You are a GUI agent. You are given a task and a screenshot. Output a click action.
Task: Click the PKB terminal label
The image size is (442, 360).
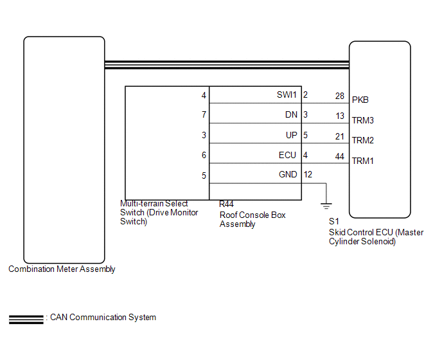pos(360,100)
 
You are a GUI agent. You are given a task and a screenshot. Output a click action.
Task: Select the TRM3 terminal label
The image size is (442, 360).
pos(363,120)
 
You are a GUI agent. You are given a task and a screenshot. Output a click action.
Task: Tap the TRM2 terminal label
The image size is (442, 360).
pos(363,140)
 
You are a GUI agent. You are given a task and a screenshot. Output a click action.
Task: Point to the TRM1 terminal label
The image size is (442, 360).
pos(363,161)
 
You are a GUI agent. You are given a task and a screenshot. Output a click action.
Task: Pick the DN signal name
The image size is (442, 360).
pos(291,115)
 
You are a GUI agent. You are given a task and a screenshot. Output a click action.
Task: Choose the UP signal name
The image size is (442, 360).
pos(292,135)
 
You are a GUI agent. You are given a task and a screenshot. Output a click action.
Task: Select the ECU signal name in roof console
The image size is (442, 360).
pos(288,155)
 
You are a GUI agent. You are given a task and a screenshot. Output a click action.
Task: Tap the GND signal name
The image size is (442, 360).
pos(288,175)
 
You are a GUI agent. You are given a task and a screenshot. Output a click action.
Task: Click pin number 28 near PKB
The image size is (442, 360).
pos(340,95)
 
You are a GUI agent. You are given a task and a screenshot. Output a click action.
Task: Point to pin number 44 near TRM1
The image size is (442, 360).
pos(340,156)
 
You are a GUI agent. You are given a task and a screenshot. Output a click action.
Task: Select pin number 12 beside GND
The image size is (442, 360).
pos(308,175)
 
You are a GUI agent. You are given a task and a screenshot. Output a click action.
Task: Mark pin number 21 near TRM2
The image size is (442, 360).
pos(340,136)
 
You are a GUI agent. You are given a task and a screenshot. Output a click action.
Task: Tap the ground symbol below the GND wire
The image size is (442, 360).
pos(327,205)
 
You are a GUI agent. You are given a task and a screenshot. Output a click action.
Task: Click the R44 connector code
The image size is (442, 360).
pos(226,204)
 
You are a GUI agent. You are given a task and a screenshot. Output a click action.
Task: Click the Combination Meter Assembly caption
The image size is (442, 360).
pos(62,269)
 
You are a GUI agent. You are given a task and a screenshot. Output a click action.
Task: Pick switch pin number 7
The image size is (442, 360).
pos(204,115)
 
